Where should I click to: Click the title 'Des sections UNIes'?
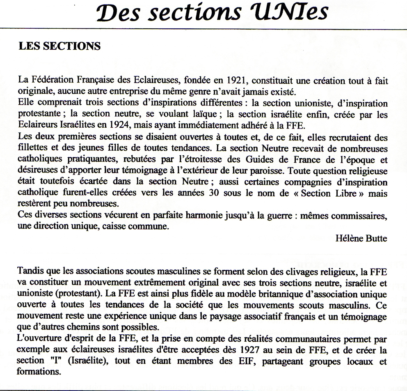(x=203, y=13)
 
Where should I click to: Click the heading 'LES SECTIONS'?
(x=59, y=46)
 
